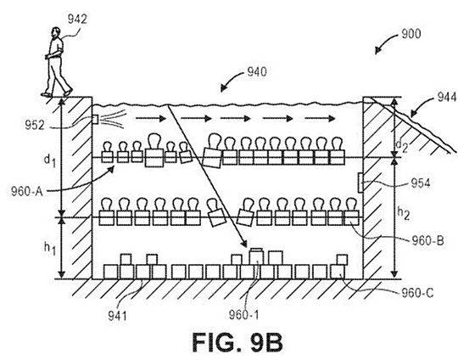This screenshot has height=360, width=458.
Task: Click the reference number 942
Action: pyautogui.click(x=77, y=19)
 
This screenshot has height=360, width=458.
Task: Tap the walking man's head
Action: pyautogui.click(x=55, y=31)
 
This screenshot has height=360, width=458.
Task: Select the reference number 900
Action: pyautogui.click(x=411, y=34)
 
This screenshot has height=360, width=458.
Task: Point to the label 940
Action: pyautogui.click(x=257, y=71)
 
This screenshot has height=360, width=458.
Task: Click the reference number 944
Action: pyautogui.click(x=447, y=97)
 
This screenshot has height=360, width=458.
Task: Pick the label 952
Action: pyautogui.click(x=35, y=125)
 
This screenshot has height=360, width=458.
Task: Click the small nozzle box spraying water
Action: pyautogui.click(x=95, y=120)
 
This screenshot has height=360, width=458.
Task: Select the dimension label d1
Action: pyautogui.click(x=50, y=160)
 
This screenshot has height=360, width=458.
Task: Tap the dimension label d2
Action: pyautogui.click(x=402, y=146)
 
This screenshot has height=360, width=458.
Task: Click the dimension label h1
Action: pyautogui.click(x=50, y=248)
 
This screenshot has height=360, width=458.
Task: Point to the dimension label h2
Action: pyautogui.click(x=404, y=213)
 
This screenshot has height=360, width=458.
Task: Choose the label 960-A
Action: pyautogui.click(x=27, y=192)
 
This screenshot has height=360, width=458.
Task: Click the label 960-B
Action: pyautogui.click(x=427, y=240)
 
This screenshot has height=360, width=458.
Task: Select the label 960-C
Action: pyautogui.click(x=417, y=292)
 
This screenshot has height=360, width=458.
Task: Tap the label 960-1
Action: pyautogui.click(x=243, y=315)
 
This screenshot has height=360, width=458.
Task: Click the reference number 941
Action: pyautogui.click(x=117, y=316)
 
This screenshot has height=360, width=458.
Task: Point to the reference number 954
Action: pyautogui.click(x=421, y=183)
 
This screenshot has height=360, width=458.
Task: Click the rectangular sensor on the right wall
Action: pyautogui.click(x=360, y=183)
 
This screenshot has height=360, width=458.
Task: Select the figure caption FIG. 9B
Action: pyautogui.click(x=237, y=342)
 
